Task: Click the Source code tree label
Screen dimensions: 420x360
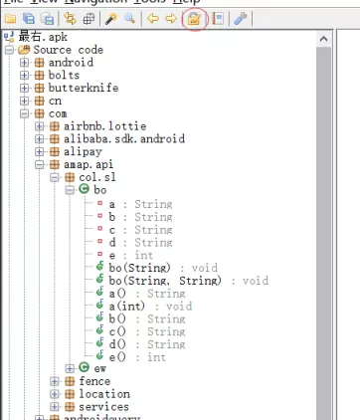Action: [68, 49]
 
